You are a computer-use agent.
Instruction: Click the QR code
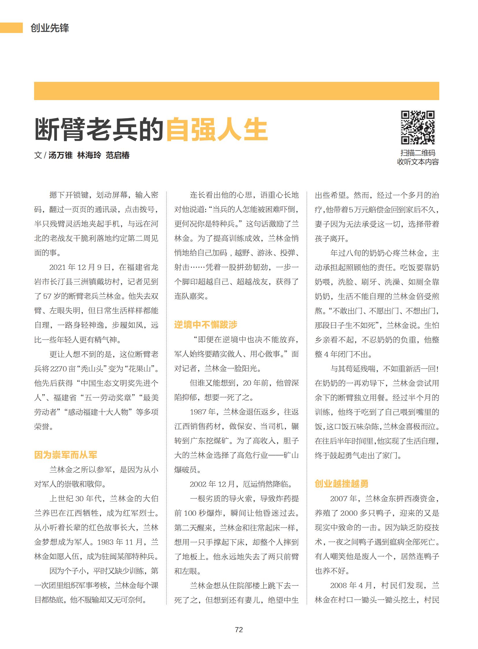(x=418, y=127)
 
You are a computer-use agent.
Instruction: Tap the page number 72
(x=239, y=630)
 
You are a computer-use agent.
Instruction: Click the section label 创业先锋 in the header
(x=50, y=28)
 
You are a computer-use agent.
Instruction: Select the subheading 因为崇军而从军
(x=66, y=455)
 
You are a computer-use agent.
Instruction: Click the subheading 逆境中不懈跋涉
(x=205, y=325)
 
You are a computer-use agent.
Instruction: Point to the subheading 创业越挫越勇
(x=341, y=484)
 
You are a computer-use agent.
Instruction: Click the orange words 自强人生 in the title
(x=217, y=130)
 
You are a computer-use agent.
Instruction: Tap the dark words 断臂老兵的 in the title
(x=99, y=130)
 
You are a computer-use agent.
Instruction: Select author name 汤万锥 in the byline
(x=60, y=155)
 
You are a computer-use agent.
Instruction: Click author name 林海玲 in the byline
(x=89, y=155)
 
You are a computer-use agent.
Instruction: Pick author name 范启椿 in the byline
(x=117, y=155)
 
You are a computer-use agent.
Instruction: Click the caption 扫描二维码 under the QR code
(x=418, y=153)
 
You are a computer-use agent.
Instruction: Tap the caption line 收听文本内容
(x=418, y=162)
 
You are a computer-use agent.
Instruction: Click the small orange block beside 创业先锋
(x=11, y=28)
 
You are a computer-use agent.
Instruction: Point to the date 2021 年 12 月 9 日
(x=78, y=267)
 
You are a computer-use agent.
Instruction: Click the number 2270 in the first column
(x=58, y=369)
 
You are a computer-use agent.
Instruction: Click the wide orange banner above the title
(x=236, y=91)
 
